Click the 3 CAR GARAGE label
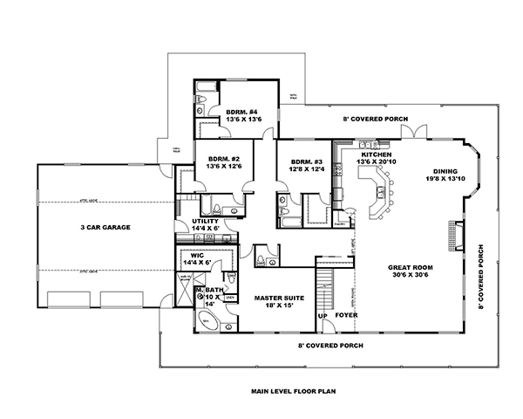click(x=105, y=227)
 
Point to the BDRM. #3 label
click(x=306, y=161)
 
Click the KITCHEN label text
click(x=371, y=154)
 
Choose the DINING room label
click(x=449, y=170)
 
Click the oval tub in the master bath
click(x=207, y=320)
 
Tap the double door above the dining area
click(x=409, y=132)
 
